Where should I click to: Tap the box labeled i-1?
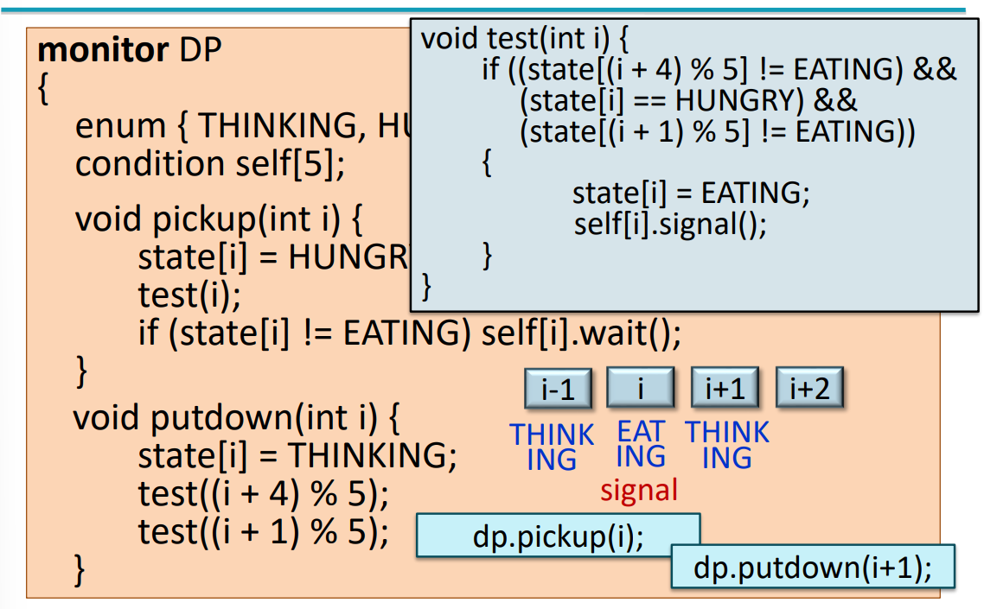tap(558, 389)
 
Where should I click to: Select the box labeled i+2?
tap(808, 389)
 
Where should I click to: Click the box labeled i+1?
tap(725, 389)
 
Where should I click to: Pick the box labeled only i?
tap(641, 389)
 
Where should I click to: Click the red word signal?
tap(639, 491)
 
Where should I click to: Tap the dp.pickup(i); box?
tap(558, 536)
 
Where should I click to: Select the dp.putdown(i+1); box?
tap(812, 568)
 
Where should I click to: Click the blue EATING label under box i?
tap(641, 444)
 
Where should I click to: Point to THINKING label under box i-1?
tap(552, 447)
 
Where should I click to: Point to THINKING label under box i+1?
tap(727, 445)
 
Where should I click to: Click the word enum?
tap(120, 127)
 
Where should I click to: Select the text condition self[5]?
tap(210, 164)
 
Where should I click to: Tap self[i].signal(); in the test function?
tap(670, 225)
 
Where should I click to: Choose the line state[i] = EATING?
tap(691, 193)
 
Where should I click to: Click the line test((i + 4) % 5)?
tap(264, 494)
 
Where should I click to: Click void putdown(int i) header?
tap(236, 419)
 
